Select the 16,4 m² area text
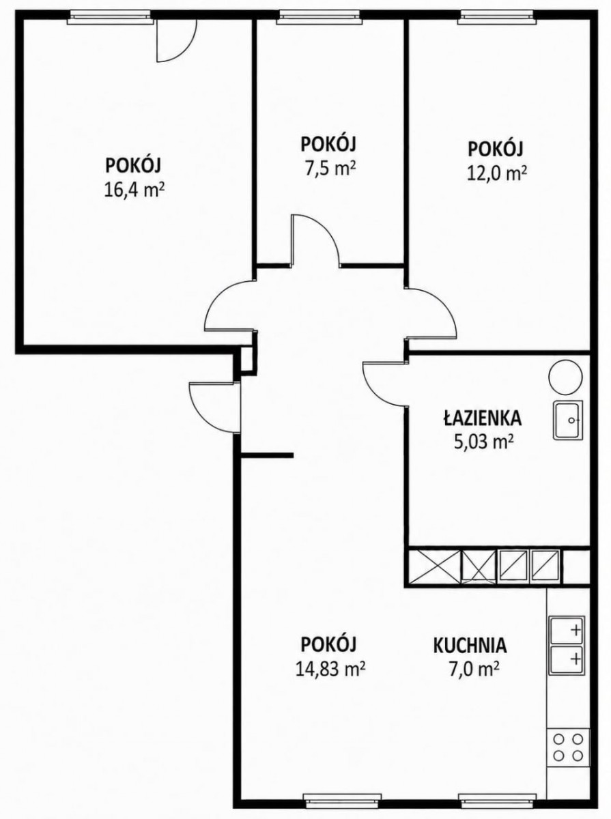tap(134, 191)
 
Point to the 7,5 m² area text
tap(328, 170)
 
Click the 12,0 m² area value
tap(497, 173)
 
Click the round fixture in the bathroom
tap(565, 377)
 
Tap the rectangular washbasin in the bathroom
tap(567, 420)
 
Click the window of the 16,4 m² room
tap(110, 17)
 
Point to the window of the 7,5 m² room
tap(319, 17)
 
